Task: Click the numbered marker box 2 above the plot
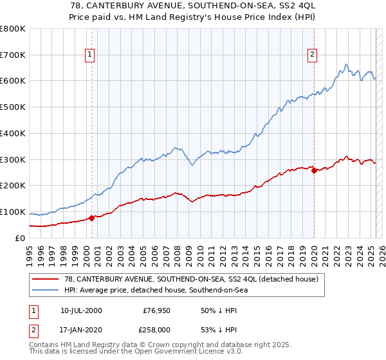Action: [312, 55]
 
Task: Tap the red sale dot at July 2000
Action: [92, 217]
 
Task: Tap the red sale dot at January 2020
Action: [314, 170]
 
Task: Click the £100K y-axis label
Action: [14, 212]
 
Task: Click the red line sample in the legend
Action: [46, 278]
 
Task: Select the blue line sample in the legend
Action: [46, 290]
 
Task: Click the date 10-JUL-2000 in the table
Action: [81, 310]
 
